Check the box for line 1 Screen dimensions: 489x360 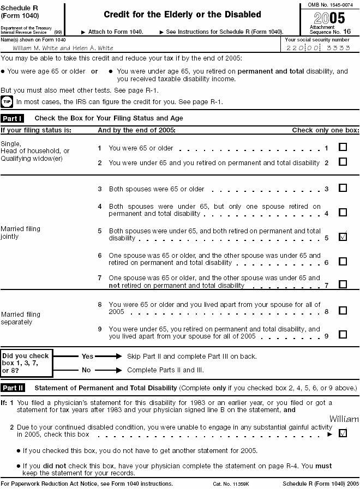(343, 147)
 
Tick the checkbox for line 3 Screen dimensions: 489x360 (343, 188)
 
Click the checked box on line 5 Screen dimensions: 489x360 (343, 237)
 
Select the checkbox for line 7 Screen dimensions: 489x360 (343, 284)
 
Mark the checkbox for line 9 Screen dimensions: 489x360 (343, 335)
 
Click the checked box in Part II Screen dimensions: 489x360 (343, 433)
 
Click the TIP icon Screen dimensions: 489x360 (7, 101)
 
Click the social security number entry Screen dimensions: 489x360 (318, 48)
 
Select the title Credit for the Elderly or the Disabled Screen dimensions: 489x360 (182, 15)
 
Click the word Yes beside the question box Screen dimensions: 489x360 (87, 356)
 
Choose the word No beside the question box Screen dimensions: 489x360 (86, 369)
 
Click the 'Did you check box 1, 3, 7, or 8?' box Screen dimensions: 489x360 (27, 363)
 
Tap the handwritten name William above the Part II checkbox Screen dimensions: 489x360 (344, 419)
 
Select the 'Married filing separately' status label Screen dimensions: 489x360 (21, 318)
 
